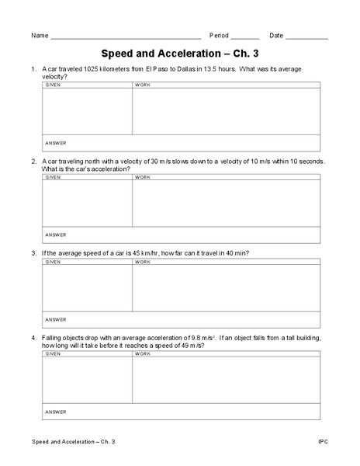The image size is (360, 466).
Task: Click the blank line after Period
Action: pos(245,37)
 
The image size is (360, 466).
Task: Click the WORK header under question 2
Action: pos(143,177)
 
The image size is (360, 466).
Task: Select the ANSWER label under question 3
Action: pos(56,319)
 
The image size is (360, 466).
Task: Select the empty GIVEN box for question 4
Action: pos(87,381)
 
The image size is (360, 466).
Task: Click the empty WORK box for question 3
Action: pos(226,288)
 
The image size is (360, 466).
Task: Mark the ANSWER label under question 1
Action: pos(56,143)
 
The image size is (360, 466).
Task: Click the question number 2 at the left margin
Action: pos(34,162)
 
